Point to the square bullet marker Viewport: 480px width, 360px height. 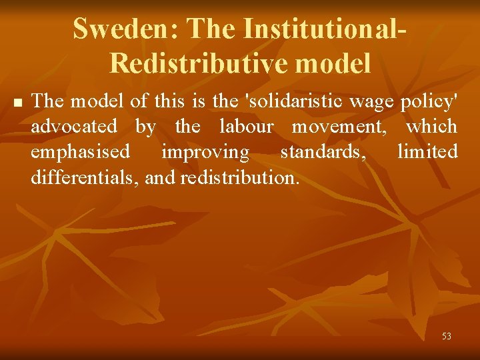17,103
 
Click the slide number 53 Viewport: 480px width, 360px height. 446,336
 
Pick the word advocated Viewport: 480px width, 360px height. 74,126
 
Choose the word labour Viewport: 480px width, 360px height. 244,126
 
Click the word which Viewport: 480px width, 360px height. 432,126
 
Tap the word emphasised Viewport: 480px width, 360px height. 80,152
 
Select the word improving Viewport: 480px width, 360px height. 205,152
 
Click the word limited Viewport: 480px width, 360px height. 427,152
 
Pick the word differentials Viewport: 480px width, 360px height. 84,177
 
